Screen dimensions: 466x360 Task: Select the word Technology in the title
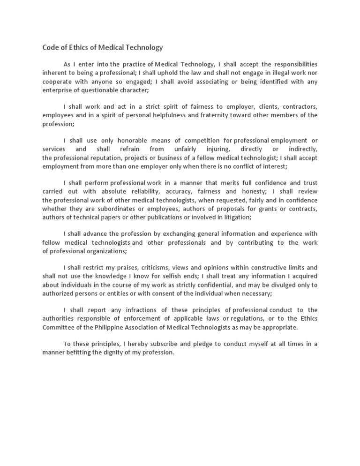tap(143, 47)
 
